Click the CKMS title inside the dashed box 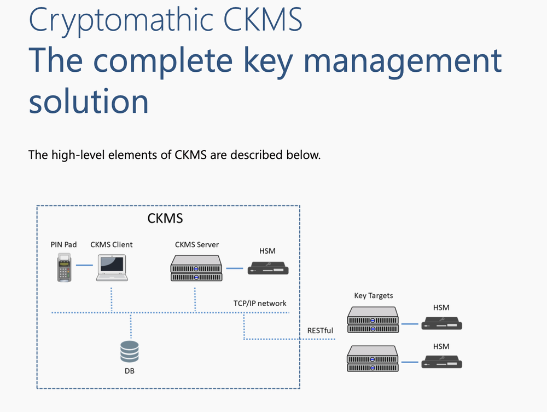point(165,219)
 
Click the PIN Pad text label point(63,244)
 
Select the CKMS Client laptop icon point(112,268)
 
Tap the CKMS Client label point(112,244)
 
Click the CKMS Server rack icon point(196,268)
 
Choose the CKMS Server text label point(197,244)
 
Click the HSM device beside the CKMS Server point(268,268)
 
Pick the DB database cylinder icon point(130,351)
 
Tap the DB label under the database point(130,371)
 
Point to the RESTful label point(320,330)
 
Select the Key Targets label point(374,296)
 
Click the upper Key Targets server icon point(373,320)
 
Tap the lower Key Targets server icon point(373,359)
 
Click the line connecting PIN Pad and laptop point(84,266)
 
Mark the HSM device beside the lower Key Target point(441,362)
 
